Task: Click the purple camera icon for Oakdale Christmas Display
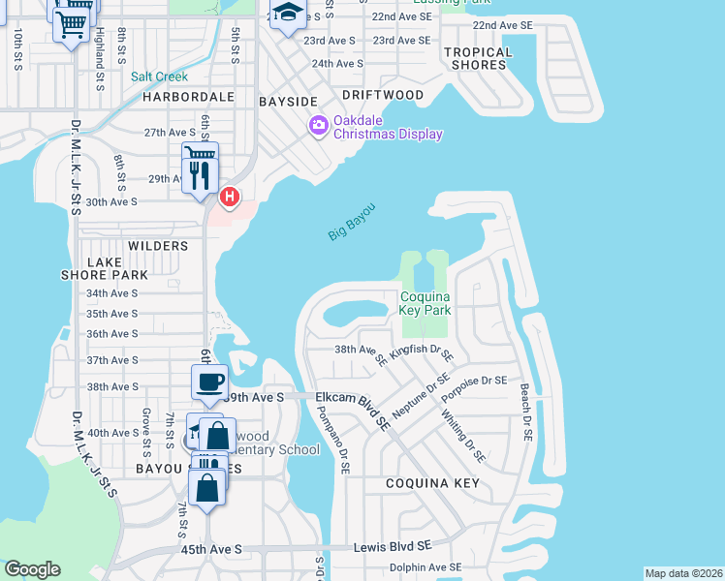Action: [x=317, y=126]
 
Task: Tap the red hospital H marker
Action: [x=229, y=198]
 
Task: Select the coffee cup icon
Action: [x=209, y=381]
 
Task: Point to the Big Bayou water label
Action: [x=350, y=222]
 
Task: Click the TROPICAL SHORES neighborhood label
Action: [x=478, y=58]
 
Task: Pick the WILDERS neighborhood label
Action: [x=157, y=246]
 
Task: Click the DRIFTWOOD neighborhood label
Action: [x=383, y=95]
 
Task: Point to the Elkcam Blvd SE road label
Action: [x=353, y=408]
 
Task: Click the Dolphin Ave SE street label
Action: [x=426, y=567]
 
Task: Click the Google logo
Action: [x=33, y=569]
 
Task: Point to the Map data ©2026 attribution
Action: [x=682, y=573]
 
